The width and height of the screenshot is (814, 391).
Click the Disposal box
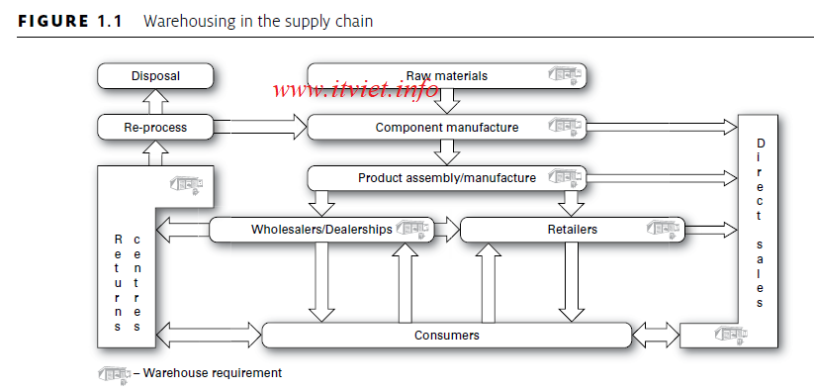tap(155, 75)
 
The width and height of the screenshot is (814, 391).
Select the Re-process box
tap(155, 127)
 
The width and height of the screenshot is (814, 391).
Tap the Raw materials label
tap(446, 75)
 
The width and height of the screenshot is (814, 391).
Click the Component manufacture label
tap(446, 127)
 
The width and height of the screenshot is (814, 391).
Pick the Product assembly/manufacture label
tap(446, 178)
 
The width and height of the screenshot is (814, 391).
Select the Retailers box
tap(572, 230)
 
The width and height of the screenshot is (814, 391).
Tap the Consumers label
tap(446, 336)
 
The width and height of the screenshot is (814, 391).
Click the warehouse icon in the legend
tap(113, 374)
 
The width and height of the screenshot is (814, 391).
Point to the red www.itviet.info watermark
tap(355, 92)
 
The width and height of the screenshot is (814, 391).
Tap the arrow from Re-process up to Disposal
tap(155, 101)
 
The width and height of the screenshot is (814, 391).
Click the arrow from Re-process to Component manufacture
tap(260, 127)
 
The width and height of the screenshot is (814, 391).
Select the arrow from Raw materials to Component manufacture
tap(448, 100)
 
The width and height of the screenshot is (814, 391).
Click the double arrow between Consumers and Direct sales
tap(656, 336)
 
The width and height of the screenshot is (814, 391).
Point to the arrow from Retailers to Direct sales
tap(711, 230)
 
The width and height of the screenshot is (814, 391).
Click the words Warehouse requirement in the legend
tap(213, 373)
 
